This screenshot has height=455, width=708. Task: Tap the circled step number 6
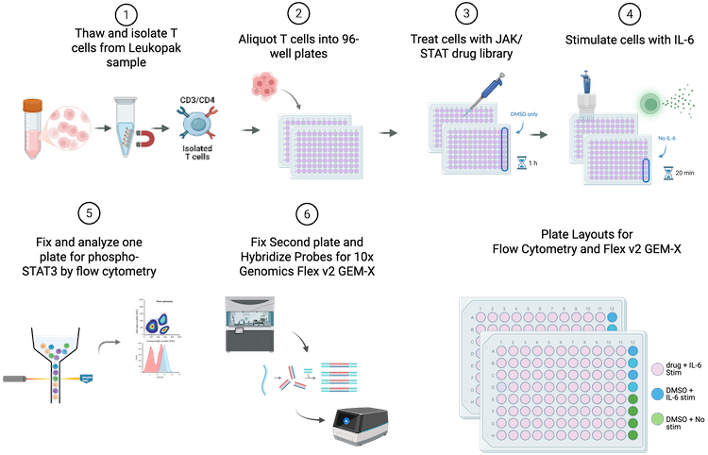pos(304,214)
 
